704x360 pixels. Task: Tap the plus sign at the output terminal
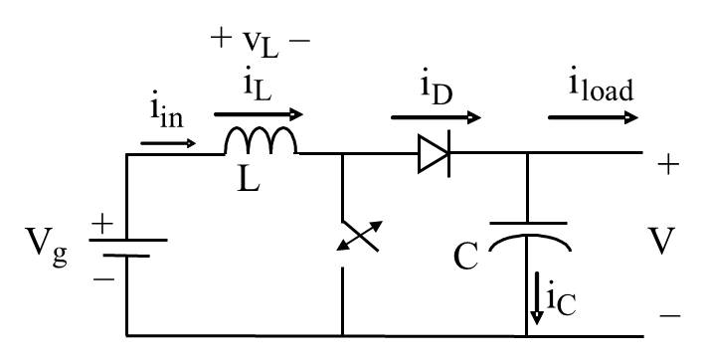669,164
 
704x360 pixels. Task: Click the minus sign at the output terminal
669,315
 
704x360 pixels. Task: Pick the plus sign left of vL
220,40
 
